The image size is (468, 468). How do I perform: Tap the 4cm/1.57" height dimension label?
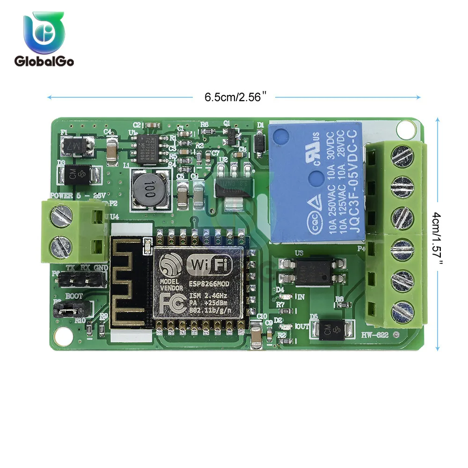[437, 236]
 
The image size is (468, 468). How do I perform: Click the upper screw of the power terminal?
[63, 218]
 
